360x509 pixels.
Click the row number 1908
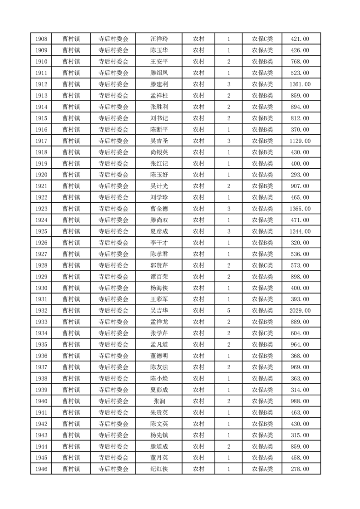(40, 39)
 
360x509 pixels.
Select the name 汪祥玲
(159, 39)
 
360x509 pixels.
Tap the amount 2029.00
(300, 311)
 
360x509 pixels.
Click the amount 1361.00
(300, 84)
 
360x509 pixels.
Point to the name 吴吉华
(159, 311)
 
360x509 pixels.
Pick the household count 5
(228, 311)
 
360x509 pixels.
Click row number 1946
(40, 469)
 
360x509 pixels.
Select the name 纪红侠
(159, 469)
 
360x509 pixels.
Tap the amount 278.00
(300, 469)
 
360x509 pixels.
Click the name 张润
(159, 401)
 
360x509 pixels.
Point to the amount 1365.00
(300, 209)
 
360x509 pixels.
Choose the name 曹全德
(159, 209)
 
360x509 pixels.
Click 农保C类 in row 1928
(262, 265)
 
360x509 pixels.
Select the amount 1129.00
(300, 141)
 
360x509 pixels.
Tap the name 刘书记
(159, 118)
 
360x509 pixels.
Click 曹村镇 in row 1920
(71, 175)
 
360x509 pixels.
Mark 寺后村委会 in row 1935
(113, 344)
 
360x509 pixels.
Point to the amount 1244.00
(300, 231)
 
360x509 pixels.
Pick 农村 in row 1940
(198, 401)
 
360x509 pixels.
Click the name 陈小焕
(159, 378)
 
